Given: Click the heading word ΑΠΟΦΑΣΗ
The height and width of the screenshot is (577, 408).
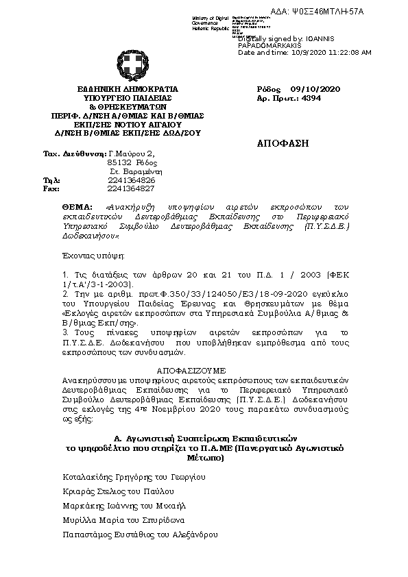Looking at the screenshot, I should tap(283, 144).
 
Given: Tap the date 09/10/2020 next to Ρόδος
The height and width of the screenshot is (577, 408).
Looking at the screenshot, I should tap(315, 89).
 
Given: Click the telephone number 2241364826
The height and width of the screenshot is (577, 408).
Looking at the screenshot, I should tap(131, 180).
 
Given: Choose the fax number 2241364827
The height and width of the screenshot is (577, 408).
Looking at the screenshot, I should tap(131, 188).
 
